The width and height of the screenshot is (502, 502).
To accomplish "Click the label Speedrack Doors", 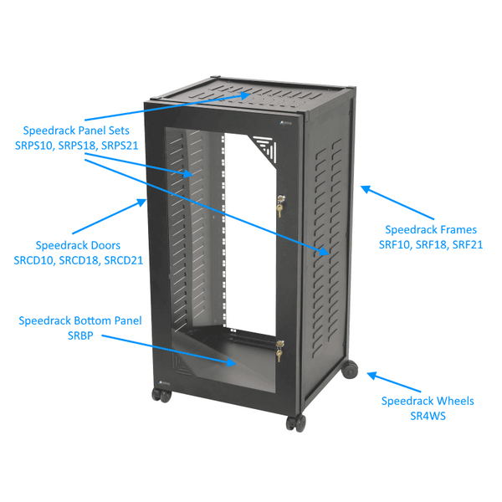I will click(78, 245).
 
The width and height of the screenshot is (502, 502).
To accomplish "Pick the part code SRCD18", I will click(79, 260).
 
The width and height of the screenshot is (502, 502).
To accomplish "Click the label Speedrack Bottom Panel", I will click(80, 320).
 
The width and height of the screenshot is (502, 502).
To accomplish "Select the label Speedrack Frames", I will click(431, 229).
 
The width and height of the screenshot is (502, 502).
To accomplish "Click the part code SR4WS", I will click(428, 416).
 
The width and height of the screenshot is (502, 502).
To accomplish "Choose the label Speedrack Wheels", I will click(428, 401).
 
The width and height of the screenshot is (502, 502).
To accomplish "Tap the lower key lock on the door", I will click(279, 352).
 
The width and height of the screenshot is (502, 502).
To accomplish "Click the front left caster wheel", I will click(156, 394).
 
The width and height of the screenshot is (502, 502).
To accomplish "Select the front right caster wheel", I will click(295, 423).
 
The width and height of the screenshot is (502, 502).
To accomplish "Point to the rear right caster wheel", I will click(349, 369).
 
